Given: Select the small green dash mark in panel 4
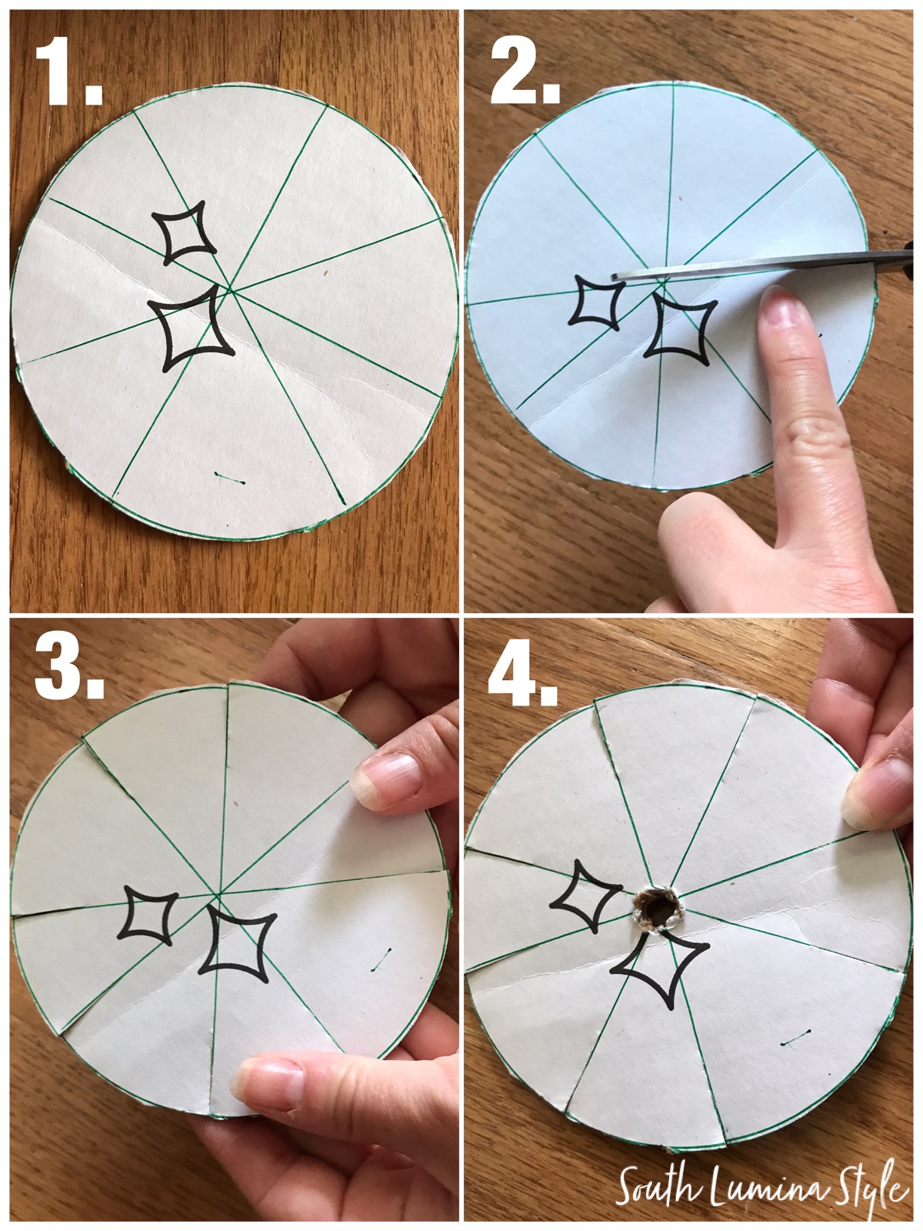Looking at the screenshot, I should click(793, 1041).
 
